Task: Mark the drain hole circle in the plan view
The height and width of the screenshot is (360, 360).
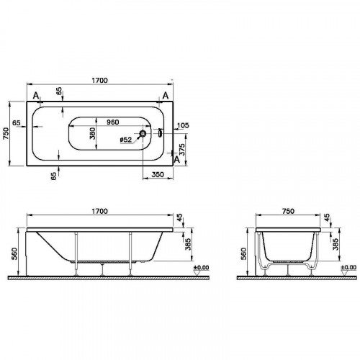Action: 144,134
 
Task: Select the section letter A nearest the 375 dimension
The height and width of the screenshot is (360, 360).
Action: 175,160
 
